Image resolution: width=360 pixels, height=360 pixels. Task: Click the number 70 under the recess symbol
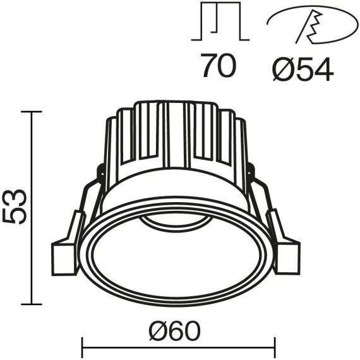(219, 66)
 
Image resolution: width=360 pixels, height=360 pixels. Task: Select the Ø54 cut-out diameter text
(302, 67)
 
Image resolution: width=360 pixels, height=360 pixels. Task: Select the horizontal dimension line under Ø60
(179, 347)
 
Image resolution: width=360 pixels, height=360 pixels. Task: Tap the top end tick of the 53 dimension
(32, 112)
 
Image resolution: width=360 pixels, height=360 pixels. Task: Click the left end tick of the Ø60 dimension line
(84, 347)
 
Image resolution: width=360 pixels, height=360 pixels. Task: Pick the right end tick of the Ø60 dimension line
(275, 347)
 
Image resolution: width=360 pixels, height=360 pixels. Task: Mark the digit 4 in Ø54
(321, 67)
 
